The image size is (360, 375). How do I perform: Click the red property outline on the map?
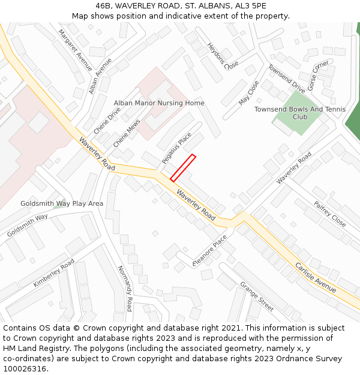tap(183, 167)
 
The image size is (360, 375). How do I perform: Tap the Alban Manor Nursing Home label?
tap(159, 103)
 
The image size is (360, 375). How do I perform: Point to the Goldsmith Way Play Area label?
tap(62, 203)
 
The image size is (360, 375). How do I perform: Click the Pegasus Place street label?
tap(176, 148)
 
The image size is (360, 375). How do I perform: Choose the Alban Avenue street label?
tap(100, 76)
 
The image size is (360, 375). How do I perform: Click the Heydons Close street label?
tap(223, 56)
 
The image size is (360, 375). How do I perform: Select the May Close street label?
tap(248, 93)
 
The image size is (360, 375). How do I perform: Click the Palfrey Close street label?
tap(330, 214)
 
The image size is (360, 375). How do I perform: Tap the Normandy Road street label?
tap(124, 288)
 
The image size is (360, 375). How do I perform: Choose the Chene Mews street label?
tap(127, 133)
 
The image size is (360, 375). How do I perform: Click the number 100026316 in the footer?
tap(25, 368)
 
